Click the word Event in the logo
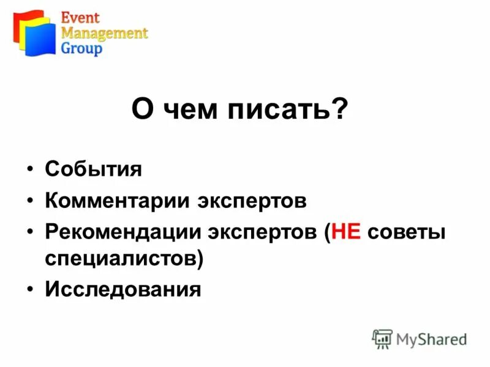click(x=79, y=17)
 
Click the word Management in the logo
click(x=104, y=33)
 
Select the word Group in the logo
click(x=81, y=49)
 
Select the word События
click(x=93, y=169)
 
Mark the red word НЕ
click(x=345, y=232)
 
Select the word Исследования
click(x=123, y=289)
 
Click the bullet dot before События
click(x=30, y=169)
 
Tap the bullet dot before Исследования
click(x=30, y=289)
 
